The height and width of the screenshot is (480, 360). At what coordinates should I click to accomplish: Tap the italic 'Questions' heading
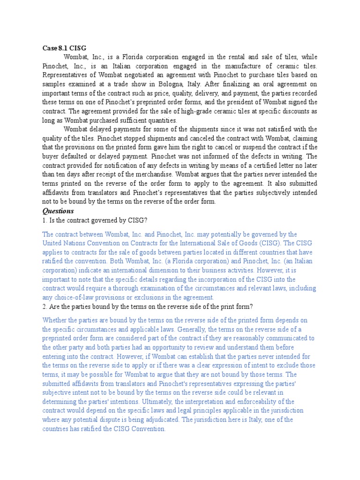point(58,211)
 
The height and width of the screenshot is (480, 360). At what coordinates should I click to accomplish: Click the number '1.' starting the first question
point(45,220)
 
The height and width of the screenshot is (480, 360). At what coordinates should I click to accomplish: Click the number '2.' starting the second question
point(45,307)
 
